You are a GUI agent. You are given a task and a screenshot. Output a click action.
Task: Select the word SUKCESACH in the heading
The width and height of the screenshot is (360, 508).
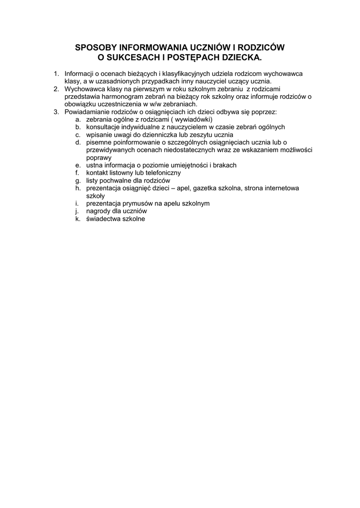pos(131,58)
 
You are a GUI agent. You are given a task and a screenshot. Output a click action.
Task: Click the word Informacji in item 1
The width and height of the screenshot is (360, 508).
pos(79,73)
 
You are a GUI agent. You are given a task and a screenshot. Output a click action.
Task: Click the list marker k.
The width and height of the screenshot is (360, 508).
pos(77,219)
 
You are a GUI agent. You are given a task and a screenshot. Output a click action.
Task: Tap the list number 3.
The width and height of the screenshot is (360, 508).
pos(56,112)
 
